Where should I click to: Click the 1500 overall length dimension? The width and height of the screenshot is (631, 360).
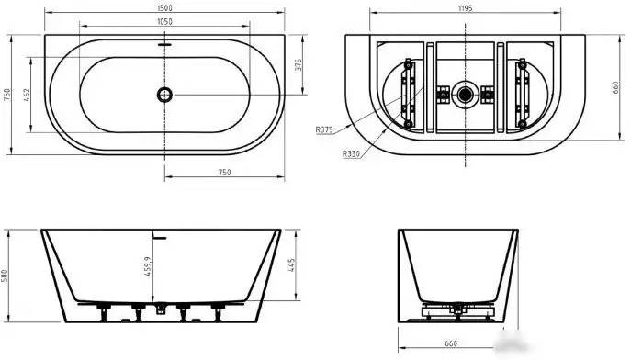(164, 8)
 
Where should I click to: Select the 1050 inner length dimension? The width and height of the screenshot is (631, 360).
(164, 21)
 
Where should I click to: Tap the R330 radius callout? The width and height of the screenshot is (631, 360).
(350, 153)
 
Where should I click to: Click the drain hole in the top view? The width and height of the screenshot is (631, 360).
(164, 94)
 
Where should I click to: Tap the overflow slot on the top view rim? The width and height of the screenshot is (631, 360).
(164, 43)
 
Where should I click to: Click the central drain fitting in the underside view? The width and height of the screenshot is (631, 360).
(467, 93)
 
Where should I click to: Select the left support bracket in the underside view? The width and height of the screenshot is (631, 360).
(409, 93)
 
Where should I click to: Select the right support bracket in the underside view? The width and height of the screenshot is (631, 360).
(524, 93)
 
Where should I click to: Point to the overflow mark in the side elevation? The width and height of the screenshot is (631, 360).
(162, 236)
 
